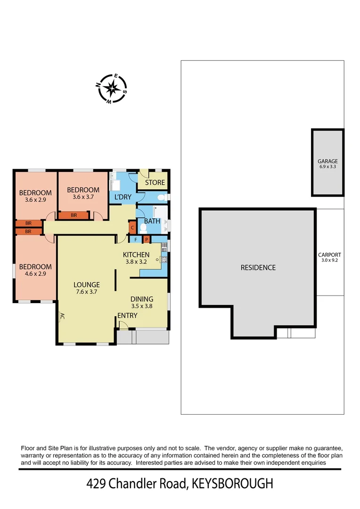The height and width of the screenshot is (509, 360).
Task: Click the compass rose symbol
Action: pos(112,88)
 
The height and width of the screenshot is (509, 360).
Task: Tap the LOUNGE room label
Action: pos(86,285)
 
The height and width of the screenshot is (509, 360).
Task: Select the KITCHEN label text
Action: pos(136,255)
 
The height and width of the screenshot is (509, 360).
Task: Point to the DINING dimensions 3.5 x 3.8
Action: pos(141,305)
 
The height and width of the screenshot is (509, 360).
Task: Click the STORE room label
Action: pos(155,182)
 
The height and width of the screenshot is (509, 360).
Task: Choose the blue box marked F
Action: pos(136,239)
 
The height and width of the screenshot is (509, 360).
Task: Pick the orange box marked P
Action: pos(147,239)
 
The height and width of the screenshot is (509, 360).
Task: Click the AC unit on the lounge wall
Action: pos(61,317)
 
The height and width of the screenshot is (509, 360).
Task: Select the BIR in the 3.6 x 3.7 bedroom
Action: pos(74,215)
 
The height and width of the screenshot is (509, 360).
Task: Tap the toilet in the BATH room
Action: pos(144,228)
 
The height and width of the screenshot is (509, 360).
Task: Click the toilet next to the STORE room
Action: pos(161,197)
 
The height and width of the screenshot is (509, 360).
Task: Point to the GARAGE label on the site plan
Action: pos(327,161)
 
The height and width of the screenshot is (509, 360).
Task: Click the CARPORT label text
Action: pos(329,255)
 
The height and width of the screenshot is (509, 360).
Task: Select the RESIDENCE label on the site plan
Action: pos(258,268)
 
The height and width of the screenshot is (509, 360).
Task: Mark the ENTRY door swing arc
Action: pos(123,325)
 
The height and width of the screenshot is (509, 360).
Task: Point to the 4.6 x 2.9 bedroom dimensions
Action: pos(35,273)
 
